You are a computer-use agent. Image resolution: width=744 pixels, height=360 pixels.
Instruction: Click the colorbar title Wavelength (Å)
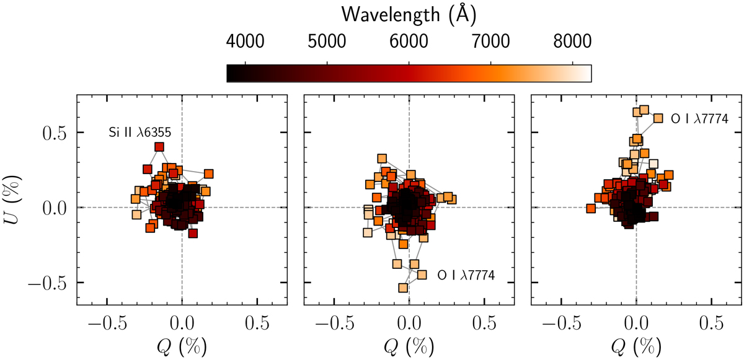pos(409,12)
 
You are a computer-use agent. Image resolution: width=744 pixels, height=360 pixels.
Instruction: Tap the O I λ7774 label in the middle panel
pos(466,274)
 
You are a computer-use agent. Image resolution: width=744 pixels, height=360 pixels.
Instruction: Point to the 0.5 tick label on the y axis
pos(54,133)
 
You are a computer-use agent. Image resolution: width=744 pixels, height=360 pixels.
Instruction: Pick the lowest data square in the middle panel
pos(403,288)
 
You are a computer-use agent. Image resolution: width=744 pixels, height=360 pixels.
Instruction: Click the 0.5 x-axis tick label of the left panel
pos(257,323)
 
